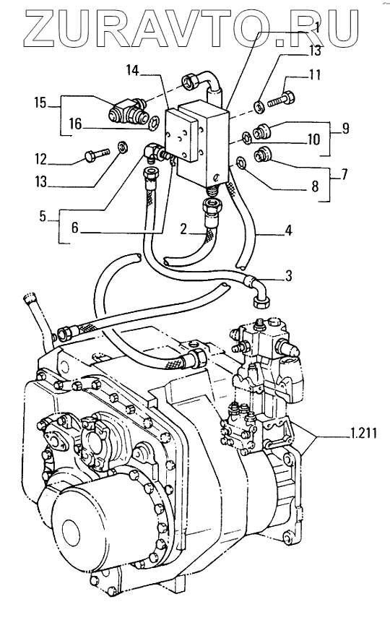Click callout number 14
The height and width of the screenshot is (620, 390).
click(x=133, y=71)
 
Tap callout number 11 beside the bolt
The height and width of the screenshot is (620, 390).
click(x=315, y=74)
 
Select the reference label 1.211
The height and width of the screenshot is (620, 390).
click(x=363, y=434)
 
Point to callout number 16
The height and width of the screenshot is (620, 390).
click(x=75, y=124)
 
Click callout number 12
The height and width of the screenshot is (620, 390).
click(x=41, y=159)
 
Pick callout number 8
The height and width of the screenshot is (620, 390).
click(x=315, y=186)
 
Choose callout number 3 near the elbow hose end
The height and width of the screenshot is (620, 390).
click(x=288, y=276)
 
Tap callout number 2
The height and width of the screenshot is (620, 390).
click(x=183, y=229)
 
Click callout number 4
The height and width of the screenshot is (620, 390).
click(x=288, y=230)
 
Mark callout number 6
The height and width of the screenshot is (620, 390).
click(x=76, y=228)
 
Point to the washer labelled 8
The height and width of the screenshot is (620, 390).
click(x=240, y=162)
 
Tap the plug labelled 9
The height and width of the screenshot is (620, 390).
click(x=261, y=131)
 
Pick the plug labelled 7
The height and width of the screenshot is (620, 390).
click(x=262, y=154)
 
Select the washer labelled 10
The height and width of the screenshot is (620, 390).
click(x=245, y=137)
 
